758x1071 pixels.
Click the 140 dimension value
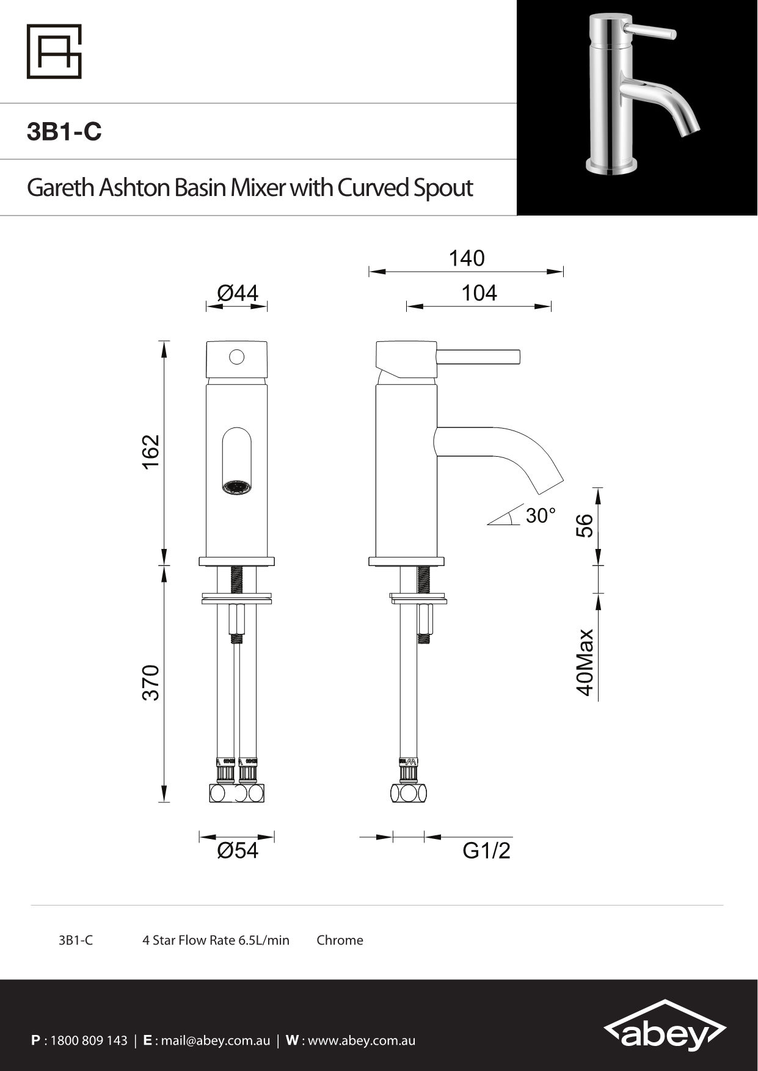click(x=467, y=258)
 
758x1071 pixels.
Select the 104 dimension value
click(x=479, y=293)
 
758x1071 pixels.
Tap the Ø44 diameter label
click(x=238, y=293)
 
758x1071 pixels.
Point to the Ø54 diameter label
click(x=238, y=850)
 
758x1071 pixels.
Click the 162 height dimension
click(x=151, y=452)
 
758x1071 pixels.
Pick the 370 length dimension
click(x=151, y=683)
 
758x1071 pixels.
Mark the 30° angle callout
click(x=541, y=515)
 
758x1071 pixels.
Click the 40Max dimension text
click(x=585, y=663)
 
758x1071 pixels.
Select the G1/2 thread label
click(x=486, y=850)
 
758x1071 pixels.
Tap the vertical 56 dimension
click(x=585, y=525)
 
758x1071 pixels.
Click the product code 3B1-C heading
click(x=64, y=132)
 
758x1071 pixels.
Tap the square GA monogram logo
click(x=54, y=51)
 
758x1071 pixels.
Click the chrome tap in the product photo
click(x=635, y=92)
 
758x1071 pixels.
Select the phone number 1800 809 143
click(x=89, y=1040)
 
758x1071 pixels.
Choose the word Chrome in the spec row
click(x=340, y=940)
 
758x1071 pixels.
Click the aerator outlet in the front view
click(x=237, y=488)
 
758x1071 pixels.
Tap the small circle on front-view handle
click(x=237, y=357)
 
